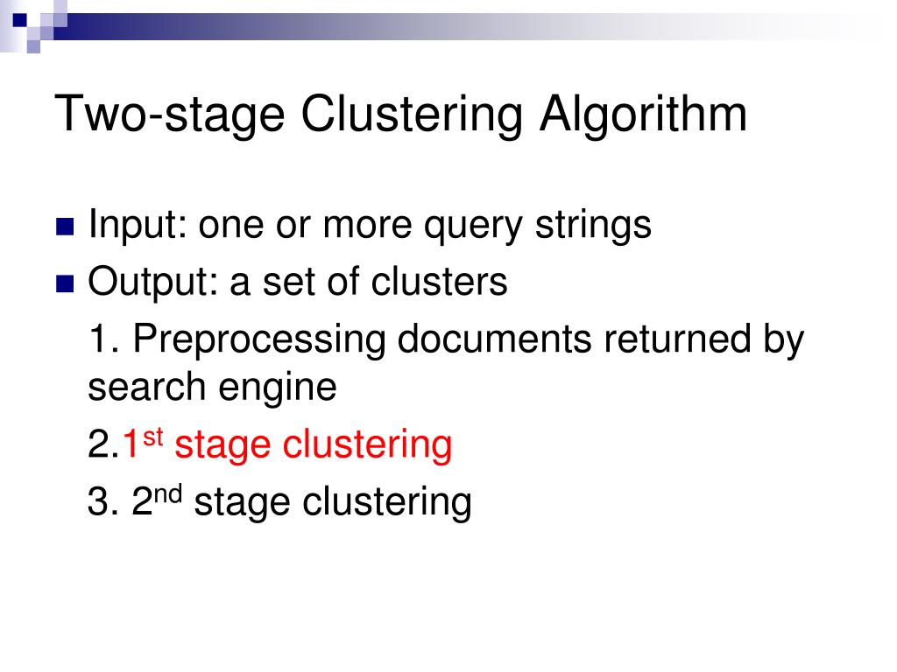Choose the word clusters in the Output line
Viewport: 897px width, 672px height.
click(x=440, y=282)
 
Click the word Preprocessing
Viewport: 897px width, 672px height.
click(x=260, y=340)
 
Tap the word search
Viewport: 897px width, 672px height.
click(x=144, y=387)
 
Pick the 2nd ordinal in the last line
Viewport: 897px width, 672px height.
click(x=156, y=500)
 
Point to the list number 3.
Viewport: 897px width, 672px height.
click(x=99, y=502)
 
